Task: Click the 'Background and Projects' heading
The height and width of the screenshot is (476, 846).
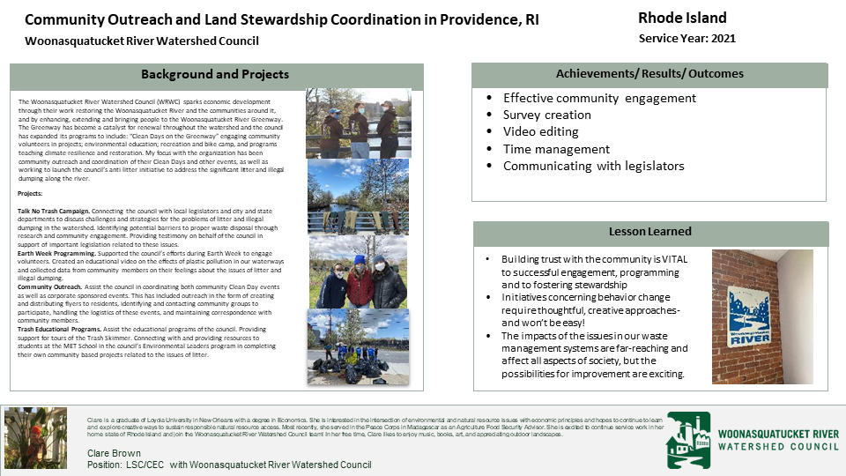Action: [x=215, y=75]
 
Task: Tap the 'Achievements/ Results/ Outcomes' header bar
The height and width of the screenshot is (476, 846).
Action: [x=649, y=74]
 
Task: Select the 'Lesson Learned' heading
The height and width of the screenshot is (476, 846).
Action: [x=650, y=232]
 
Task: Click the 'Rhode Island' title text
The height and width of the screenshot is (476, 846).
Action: [x=682, y=18]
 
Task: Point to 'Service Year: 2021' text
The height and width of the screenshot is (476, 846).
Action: [x=686, y=39]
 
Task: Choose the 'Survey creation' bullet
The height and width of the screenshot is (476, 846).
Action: [x=546, y=115]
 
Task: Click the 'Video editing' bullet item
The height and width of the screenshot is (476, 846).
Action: [x=540, y=131]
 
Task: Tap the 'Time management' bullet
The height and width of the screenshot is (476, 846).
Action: [x=556, y=149]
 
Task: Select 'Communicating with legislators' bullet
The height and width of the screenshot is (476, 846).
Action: [x=593, y=166]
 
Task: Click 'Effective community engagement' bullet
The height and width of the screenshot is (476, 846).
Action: [x=599, y=98]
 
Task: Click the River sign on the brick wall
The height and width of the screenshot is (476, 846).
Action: [x=749, y=313]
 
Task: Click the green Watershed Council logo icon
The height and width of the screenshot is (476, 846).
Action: [x=687, y=440]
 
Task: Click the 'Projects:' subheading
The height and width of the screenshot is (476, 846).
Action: [x=30, y=192]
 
